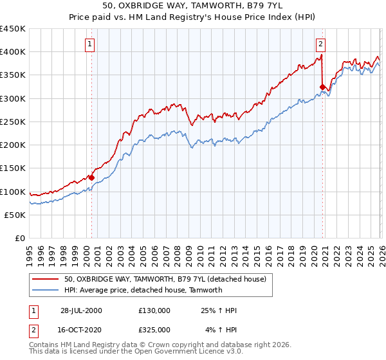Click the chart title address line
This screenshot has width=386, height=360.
(192, 5)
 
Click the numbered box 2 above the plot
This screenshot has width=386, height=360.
(320, 44)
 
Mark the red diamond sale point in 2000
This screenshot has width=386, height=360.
(91, 177)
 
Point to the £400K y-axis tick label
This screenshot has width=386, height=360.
(13, 52)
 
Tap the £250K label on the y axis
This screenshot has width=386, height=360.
(13, 122)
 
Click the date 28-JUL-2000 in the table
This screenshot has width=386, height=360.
(81, 310)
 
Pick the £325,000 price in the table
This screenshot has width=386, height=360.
(154, 329)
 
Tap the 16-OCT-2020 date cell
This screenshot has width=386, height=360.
(81, 329)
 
